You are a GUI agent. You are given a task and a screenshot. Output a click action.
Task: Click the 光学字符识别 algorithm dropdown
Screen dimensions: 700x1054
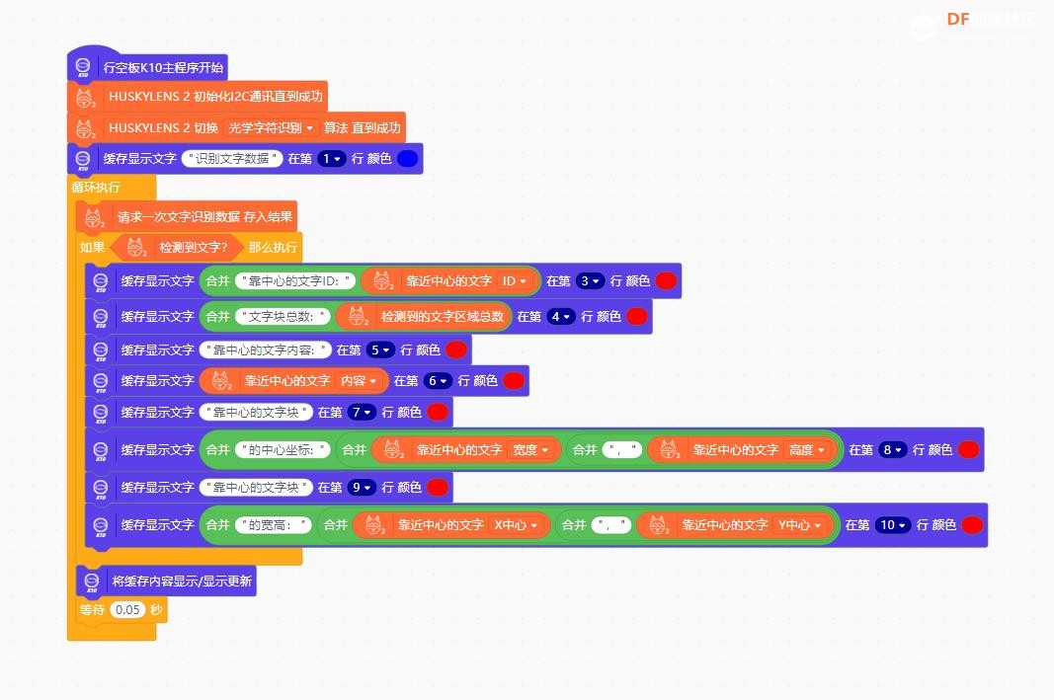(270, 127)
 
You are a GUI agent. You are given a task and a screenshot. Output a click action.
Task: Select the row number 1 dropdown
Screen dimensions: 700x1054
(330, 158)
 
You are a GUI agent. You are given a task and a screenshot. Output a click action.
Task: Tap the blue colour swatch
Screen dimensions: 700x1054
(407, 158)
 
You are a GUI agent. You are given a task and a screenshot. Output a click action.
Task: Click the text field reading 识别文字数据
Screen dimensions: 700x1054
(233, 158)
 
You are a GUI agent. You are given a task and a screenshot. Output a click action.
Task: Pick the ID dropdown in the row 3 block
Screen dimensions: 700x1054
(515, 281)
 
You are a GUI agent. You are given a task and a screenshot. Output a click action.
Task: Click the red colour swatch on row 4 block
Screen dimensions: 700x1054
(637, 316)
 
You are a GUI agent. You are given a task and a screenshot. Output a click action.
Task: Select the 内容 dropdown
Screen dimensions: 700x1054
(359, 380)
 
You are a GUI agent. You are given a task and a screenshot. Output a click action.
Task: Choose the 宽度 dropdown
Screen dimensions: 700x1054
(531, 449)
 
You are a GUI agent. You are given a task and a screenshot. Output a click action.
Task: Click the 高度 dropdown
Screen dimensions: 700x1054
(807, 449)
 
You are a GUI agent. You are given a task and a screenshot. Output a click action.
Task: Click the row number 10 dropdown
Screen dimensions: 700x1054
(892, 525)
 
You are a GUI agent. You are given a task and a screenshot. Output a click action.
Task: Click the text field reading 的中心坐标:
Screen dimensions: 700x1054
(282, 449)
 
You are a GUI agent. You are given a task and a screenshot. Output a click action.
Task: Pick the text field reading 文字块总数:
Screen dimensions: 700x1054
(282, 316)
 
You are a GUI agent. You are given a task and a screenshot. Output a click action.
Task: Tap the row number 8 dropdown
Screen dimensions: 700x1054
(892, 449)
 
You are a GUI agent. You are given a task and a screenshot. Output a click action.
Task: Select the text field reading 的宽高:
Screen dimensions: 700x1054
(274, 525)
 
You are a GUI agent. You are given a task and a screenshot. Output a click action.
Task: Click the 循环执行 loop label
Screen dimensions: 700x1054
(96, 187)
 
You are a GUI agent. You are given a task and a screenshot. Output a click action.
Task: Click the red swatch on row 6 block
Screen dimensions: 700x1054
(514, 380)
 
